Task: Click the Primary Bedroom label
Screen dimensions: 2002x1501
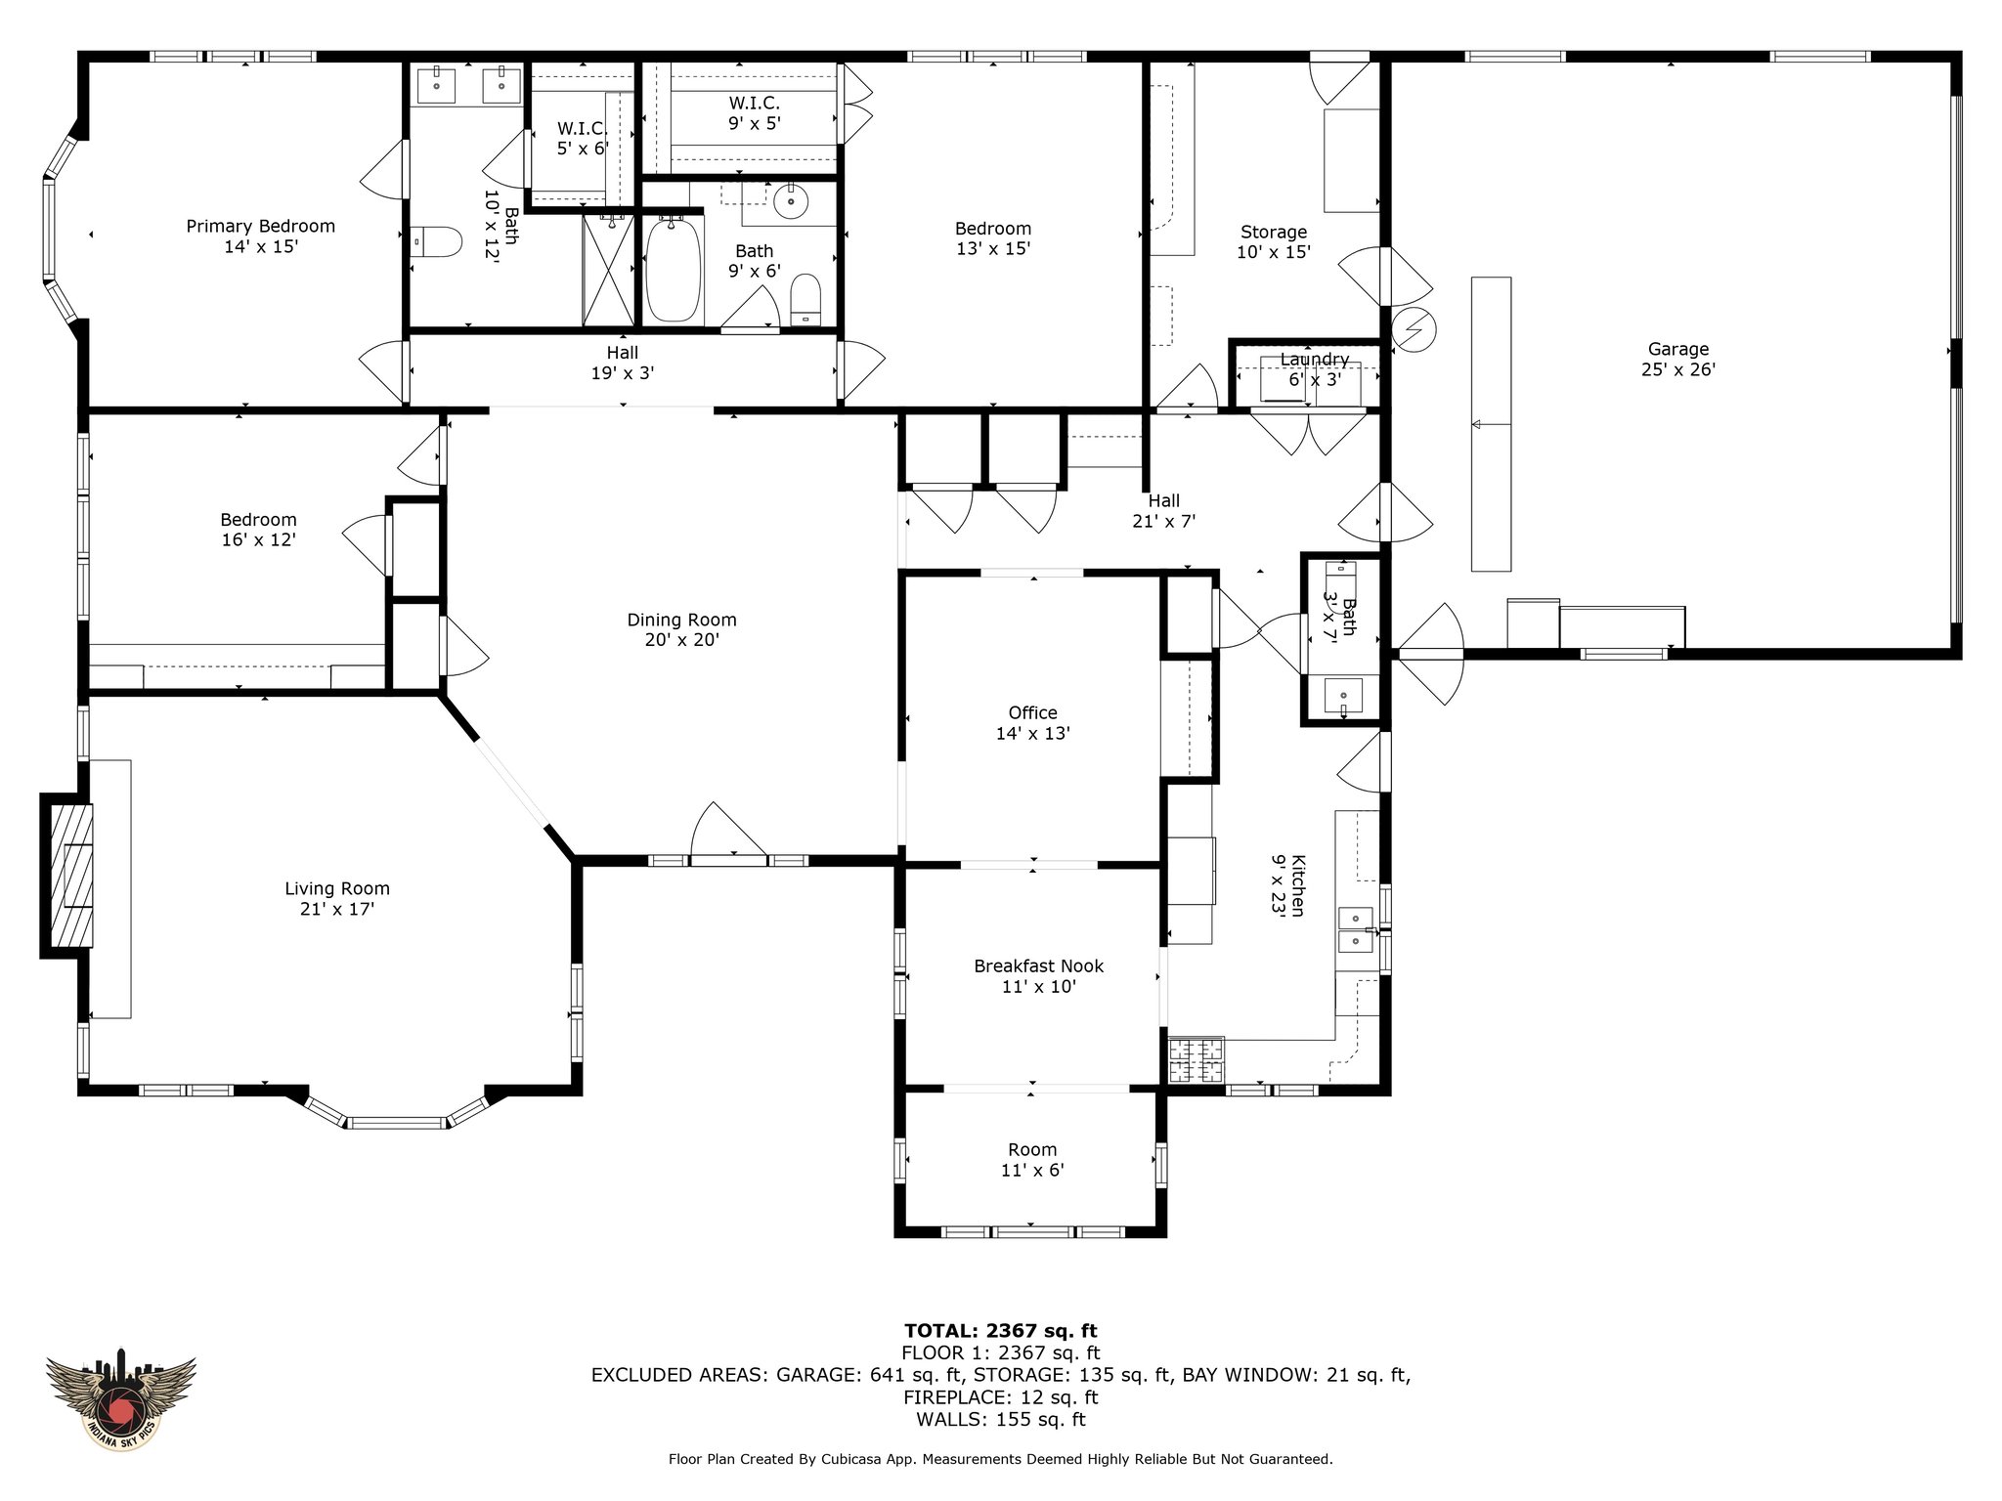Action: (x=261, y=236)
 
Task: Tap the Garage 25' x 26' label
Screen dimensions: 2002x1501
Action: (x=1678, y=359)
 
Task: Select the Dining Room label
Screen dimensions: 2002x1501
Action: (x=681, y=629)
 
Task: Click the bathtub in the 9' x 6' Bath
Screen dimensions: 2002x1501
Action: (x=674, y=270)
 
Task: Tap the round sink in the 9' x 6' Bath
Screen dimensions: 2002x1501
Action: (x=790, y=203)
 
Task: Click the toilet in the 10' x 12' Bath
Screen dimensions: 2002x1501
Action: (x=436, y=241)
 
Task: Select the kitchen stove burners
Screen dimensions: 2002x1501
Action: (x=1197, y=1060)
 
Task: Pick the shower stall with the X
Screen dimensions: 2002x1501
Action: (x=608, y=271)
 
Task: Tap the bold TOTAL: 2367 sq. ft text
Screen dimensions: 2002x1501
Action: (x=1001, y=1330)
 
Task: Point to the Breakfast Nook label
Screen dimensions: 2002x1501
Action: (x=1038, y=976)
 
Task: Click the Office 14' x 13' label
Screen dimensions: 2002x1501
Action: (x=1033, y=723)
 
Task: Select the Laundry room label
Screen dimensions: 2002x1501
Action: (x=1315, y=369)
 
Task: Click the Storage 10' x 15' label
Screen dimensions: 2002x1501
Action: (x=1274, y=241)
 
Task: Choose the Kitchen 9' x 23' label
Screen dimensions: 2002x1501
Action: (x=1288, y=885)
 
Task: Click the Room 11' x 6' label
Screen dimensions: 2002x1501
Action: (x=1033, y=1160)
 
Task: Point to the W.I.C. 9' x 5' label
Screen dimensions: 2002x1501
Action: (x=754, y=113)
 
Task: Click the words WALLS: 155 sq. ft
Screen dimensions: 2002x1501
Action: (x=1001, y=1420)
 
